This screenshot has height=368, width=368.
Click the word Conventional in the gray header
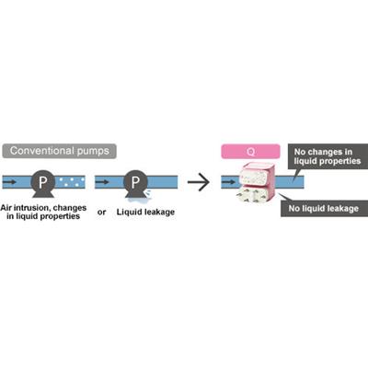(41, 151)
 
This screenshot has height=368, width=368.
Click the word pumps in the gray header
(93, 152)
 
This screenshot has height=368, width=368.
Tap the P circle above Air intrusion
(43, 182)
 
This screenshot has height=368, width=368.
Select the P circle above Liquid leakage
(135, 182)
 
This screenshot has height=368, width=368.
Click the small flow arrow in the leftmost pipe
(9, 182)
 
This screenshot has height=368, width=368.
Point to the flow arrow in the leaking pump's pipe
(102, 182)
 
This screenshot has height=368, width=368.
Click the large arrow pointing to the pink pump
(199, 182)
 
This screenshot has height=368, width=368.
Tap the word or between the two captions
(101, 212)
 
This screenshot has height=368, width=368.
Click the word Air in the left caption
(6, 208)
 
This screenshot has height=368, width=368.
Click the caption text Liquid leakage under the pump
(145, 212)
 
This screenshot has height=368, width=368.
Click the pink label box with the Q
(250, 152)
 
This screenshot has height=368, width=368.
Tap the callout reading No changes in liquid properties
(328, 156)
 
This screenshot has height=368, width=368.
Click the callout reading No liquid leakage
(324, 209)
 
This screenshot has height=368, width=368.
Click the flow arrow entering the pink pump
(228, 182)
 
